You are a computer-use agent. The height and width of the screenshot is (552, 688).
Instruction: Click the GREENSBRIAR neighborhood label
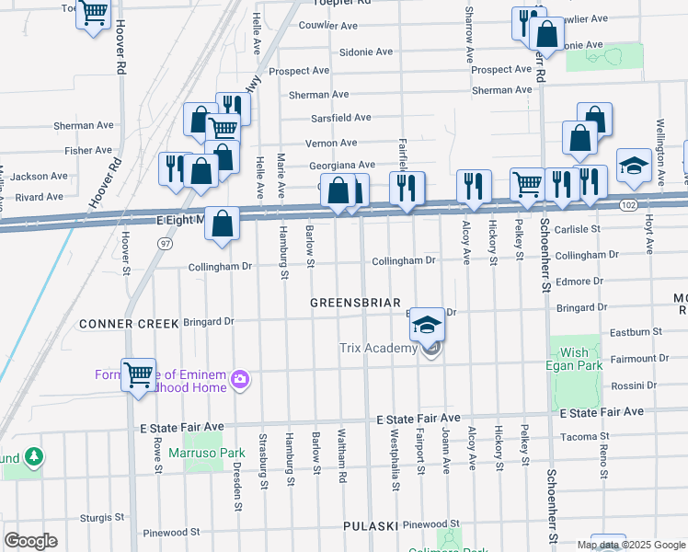[x=354, y=303]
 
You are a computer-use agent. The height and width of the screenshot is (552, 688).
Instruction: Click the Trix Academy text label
[x=378, y=347]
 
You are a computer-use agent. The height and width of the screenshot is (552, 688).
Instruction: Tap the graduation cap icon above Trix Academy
[x=427, y=324]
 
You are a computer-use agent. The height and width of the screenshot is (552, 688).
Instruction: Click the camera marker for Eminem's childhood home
[x=241, y=378]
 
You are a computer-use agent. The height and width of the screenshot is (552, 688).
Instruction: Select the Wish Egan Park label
[x=575, y=359]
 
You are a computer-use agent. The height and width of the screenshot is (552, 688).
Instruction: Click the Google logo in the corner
[x=30, y=540]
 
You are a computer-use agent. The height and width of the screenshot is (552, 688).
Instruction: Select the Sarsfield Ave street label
[x=340, y=118]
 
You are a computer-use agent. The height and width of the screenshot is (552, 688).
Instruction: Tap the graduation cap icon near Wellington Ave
[x=634, y=166]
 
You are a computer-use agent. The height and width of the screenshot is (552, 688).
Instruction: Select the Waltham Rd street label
[x=341, y=455]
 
